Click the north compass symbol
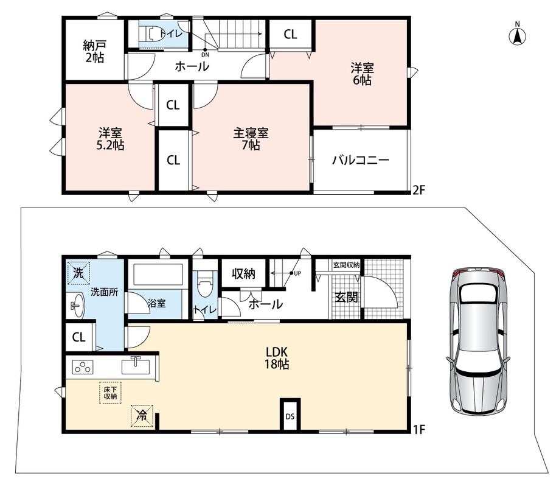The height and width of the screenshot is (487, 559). (517, 34)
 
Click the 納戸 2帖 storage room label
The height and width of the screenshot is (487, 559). (94, 51)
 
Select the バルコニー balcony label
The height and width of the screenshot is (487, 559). (361, 160)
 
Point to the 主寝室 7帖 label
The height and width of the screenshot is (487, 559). (251, 139)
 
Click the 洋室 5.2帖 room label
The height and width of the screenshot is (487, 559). (111, 139)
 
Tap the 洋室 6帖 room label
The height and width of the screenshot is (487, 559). (362, 74)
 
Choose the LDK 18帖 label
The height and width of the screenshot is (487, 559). (277, 358)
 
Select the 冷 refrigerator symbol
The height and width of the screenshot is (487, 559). (142, 416)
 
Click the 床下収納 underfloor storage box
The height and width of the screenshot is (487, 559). (110, 393)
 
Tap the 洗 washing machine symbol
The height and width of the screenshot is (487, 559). (78, 273)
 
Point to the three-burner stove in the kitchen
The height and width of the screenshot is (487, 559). (83, 366)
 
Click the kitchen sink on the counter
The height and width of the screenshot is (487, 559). (136, 366)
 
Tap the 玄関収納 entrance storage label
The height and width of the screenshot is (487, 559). (347, 265)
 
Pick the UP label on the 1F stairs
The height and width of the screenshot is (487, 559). (297, 273)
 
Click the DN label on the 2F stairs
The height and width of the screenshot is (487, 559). (206, 55)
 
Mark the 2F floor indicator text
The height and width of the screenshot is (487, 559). (418, 190)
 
